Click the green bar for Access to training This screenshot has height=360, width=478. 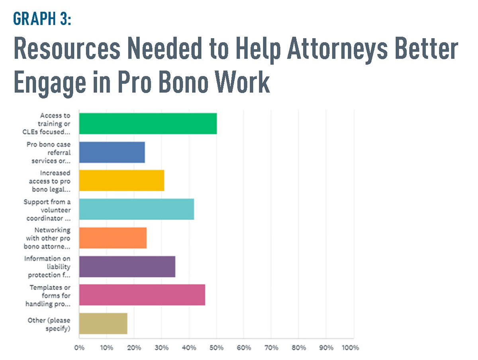[x=148, y=123]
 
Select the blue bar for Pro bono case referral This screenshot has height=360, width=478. [x=112, y=152]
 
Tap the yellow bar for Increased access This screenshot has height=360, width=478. [x=121, y=180]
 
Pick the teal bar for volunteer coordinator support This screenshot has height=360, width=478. [x=137, y=209]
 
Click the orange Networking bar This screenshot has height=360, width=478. [x=113, y=238]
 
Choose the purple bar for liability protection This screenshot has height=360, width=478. [x=127, y=266]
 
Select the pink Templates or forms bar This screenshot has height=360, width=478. [x=142, y=295]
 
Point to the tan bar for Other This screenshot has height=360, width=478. [x=103, y=323]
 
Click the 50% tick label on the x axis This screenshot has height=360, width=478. [x=216, y=348]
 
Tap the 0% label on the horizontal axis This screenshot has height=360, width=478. [x=79, y=348]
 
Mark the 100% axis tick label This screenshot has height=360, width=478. [x=351, y=348]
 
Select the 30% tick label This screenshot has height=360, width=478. [x=161, y=348]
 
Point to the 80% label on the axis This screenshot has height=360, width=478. [x=299, y=348]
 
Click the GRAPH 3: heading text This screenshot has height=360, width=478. [x=42, y=19]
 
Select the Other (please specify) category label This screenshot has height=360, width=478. [x=49, y=324]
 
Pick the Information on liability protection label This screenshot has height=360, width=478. [x=47, y=267]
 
